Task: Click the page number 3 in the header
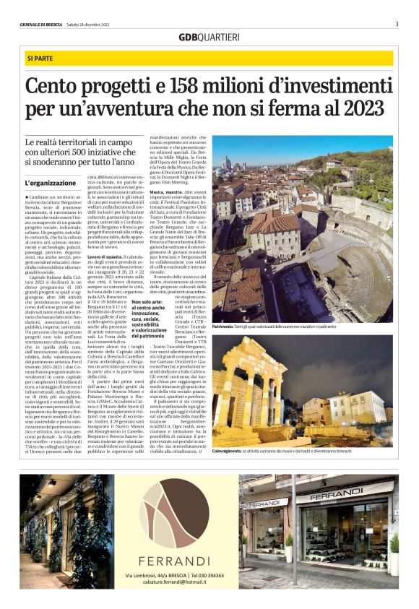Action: click(x=397, y=24)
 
